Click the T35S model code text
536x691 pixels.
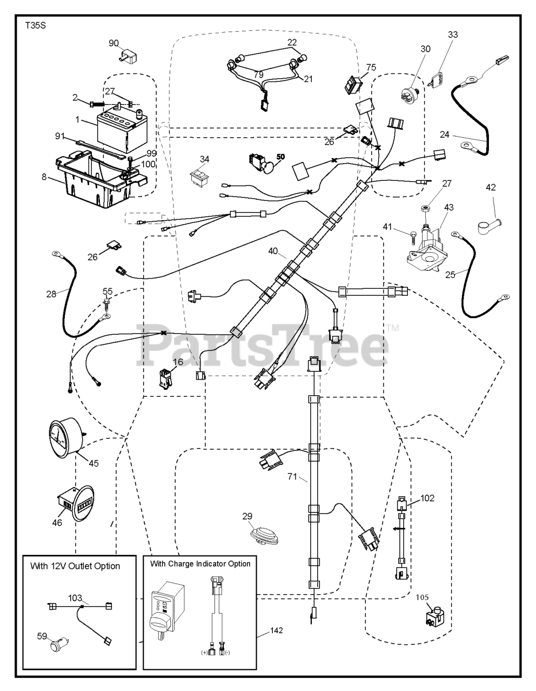click(35, 25)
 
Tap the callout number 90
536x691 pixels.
click(113, 43)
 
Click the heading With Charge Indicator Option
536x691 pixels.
click(200, 564)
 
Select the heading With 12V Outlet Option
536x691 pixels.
click(75, 566)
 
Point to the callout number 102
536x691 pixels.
click(427, 498)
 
